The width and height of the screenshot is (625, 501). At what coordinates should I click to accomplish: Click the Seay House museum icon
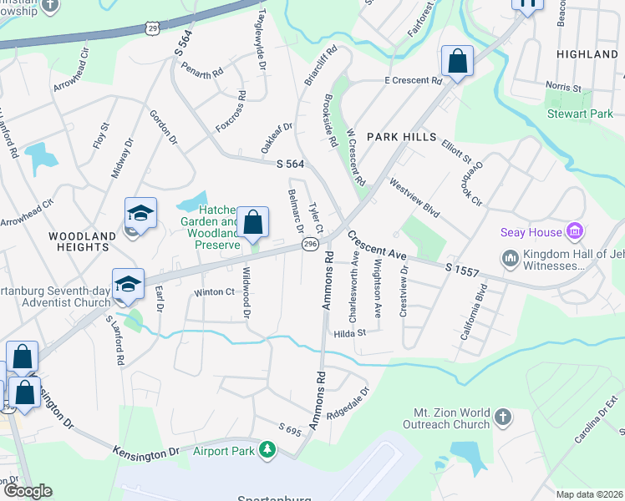(574, 231)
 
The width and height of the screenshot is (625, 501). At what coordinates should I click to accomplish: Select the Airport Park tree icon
(267, 451)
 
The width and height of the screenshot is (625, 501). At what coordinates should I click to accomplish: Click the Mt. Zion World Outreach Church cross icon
(502, 416)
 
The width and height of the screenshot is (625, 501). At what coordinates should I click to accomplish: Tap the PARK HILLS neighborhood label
(402, 136)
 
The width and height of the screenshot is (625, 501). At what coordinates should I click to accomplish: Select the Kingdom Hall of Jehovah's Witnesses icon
(510, 257)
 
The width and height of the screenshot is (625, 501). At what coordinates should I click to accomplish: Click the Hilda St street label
(350, 332)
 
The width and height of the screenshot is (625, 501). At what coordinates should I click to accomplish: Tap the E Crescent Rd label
(412, 81)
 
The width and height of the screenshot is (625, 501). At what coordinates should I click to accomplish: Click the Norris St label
(564, 87)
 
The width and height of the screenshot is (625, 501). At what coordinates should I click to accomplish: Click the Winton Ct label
(214, 292)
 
